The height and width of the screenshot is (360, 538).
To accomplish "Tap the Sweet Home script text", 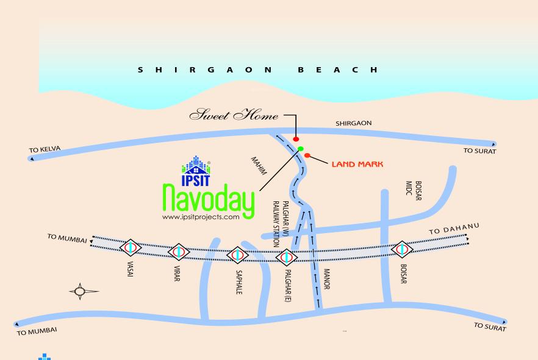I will (x=234, y=115).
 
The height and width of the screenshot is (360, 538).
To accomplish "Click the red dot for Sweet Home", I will (x=296, y=139).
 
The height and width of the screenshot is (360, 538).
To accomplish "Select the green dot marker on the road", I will (x=301, y=148).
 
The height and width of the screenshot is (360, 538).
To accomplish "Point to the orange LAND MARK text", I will (x=357, y=164).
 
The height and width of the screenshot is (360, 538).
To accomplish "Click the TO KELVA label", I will (x=45, y=149).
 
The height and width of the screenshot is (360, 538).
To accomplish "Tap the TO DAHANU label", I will (x=454, y=229).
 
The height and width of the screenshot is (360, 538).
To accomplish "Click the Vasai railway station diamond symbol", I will (x=131, y=248).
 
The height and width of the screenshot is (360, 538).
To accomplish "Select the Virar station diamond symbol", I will (x=179, y=251).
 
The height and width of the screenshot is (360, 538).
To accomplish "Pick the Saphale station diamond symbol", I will (x=237, y=254).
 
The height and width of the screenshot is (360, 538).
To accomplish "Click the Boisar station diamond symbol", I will (x=401, y=249).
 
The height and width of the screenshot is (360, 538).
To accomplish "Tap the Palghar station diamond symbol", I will (x=286, y=256).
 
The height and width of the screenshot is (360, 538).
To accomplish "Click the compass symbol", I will (x=81, y=292).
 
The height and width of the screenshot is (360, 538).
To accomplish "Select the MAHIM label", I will (x=259, y=166).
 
